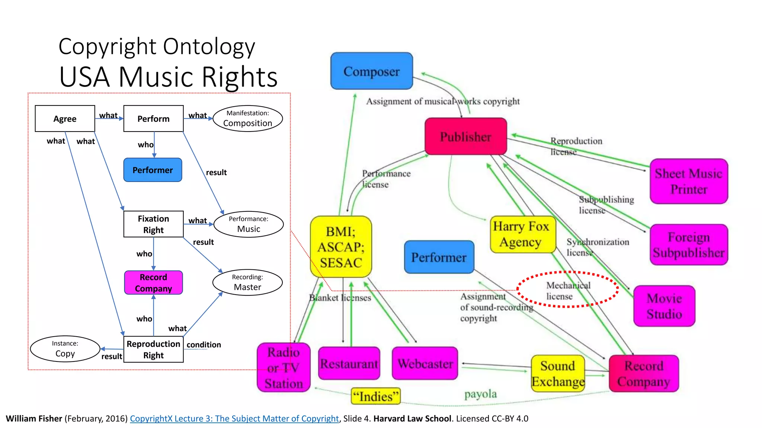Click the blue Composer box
(x=371, y=71)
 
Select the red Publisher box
(x=465, y=136)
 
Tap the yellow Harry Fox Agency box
(x=522, y=234)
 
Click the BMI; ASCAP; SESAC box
(x=341, y=247)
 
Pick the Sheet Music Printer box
(x=689, y=181)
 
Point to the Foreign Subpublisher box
(x=689, y=244)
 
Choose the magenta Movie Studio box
(x=664, y=306)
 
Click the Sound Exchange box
(x=558, y=373)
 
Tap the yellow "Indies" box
(x=375, y=396)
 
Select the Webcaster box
(x=425, y=363)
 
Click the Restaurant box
(x=349, y=363)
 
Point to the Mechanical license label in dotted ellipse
(x=567, y=290)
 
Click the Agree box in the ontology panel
(x=65, y=119)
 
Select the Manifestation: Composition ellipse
(x=248, y=119)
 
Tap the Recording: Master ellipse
(x=247, y=282)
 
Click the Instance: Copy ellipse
(x=65, y=349)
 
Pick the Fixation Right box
(x=153, y=224)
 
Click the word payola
(x=480, y=394)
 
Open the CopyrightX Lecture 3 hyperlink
(x=234, y=419)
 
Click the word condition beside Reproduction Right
(x=204, y=345)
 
